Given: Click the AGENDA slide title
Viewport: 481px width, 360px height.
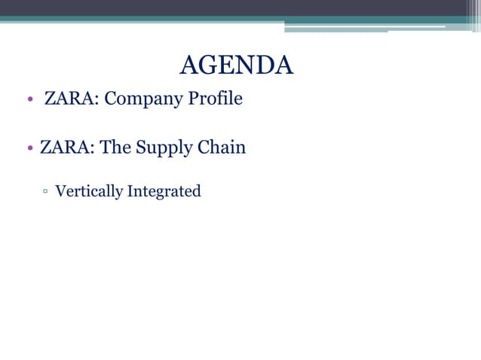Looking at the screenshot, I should click(x=237, y=66).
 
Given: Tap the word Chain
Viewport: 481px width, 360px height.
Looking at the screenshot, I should click(x=222, y=147).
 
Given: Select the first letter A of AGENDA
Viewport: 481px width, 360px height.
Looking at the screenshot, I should click(x=189, y=66).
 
